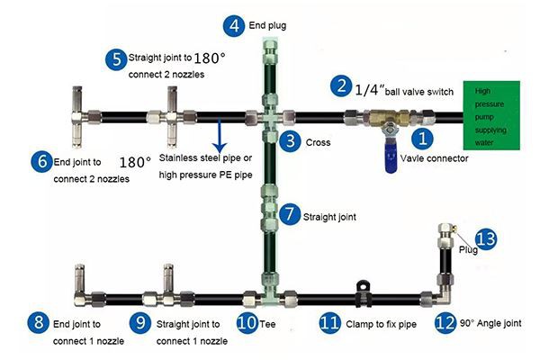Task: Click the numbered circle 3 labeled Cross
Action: tap(289, 140)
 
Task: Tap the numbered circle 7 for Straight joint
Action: tap(288, 215)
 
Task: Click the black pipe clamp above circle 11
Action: tap(365, 289)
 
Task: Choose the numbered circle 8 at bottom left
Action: tap(38, 322)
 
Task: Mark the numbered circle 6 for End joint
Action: tap(38, 162)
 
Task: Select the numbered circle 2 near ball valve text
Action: tap(339, 86)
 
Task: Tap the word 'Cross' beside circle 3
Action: tap(318, 142)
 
